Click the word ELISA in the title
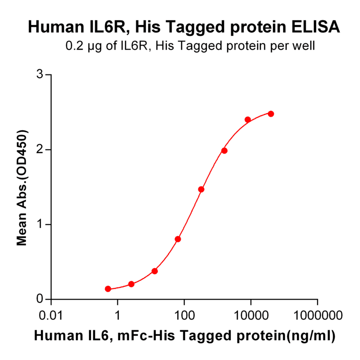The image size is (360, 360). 315,27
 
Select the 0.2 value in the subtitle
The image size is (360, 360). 72,46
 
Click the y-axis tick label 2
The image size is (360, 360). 41,149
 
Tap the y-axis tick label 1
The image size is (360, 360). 41,224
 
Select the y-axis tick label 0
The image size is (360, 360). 41,299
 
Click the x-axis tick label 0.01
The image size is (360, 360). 51,314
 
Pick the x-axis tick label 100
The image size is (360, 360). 184,314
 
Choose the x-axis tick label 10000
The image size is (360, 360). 251,314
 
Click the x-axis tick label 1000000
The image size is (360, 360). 317,314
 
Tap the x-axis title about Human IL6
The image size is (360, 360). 184,336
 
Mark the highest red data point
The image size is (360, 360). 271,114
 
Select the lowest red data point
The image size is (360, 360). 108,289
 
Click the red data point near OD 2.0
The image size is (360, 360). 224,151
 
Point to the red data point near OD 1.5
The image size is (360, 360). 201,189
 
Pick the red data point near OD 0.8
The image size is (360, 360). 178,239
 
